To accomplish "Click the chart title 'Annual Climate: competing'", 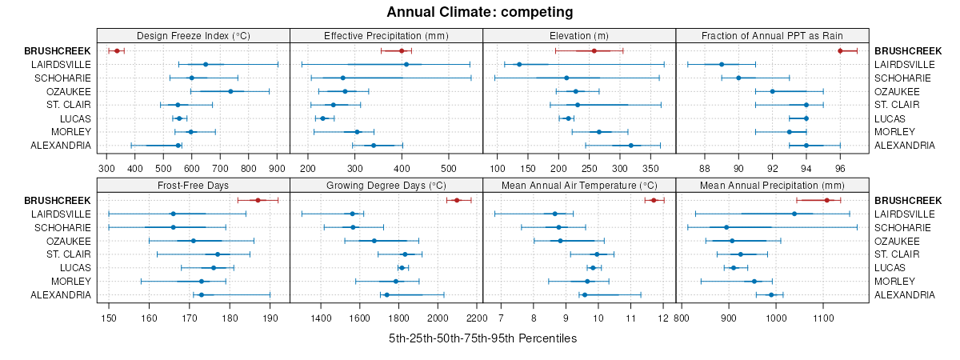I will coord(480,12).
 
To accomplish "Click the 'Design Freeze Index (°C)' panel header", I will coord(193,36).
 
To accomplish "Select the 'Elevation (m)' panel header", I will coord(579,36).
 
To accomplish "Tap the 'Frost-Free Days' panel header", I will coord(193,186).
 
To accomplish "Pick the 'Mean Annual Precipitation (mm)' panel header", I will coord(772,186).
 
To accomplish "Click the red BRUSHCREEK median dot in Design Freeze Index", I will coord(117,50).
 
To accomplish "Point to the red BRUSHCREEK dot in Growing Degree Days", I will coord(457,200).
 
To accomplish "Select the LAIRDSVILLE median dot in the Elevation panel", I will coord(519,64).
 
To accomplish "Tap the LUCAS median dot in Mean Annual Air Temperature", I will coord(593,267).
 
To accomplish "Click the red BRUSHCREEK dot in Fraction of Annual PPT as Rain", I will coord(840,50).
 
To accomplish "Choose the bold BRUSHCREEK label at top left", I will coord(58,50).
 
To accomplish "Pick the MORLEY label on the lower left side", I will coord(71,282).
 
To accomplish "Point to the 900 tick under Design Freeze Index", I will coord(277,169).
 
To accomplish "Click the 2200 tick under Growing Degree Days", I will coord(476,318).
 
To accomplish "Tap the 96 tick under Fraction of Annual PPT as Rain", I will coord(840,169).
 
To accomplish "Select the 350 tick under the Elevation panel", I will coord(650,169).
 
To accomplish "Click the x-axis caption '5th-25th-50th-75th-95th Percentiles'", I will coord(482,338).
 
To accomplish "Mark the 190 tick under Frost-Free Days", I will coord(270,318).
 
